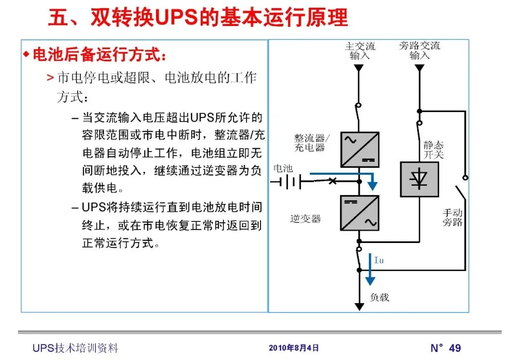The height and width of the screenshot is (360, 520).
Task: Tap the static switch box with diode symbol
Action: point(419,179)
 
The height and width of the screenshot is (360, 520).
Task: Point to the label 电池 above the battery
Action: point(283,168)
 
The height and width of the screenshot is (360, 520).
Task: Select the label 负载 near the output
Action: point(379,297)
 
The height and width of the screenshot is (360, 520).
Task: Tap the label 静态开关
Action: point(434,150)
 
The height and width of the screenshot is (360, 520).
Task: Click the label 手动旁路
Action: point(453,217)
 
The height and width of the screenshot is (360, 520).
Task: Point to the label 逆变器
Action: point(306,219)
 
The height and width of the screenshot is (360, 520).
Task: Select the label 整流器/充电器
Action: point(310,143)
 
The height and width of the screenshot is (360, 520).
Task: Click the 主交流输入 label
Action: point(360,51)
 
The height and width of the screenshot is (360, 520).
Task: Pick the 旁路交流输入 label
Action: point(419,51)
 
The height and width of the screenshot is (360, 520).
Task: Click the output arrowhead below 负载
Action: point(359,306)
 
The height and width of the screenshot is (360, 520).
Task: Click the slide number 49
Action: point(455,348)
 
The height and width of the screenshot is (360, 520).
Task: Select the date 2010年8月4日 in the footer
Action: point(294,348)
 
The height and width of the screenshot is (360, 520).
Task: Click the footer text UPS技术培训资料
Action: point(75,348)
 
